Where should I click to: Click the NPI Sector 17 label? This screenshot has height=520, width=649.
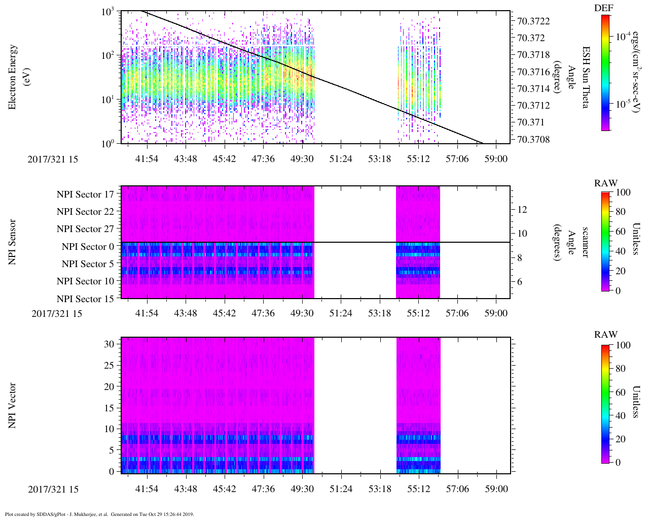85,194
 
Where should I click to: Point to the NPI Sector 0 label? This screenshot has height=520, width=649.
88,247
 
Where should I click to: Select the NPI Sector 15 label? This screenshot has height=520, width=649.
85,299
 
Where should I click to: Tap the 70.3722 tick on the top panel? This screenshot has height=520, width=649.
533,21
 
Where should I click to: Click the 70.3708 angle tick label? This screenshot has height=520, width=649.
533,139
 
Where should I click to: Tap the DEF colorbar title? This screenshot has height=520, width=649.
604,8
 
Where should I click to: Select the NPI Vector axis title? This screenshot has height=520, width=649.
13,406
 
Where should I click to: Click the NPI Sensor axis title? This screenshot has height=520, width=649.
13,242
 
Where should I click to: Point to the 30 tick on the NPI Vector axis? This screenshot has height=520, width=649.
109,344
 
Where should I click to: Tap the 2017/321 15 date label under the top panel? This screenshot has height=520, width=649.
53,159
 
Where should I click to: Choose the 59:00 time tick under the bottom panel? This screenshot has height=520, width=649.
496,489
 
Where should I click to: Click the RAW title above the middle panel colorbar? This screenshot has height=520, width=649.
606,183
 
